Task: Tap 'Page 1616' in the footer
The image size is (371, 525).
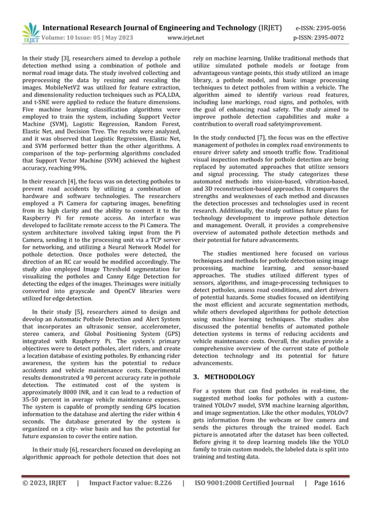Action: pyautogui.click(x=329, y=482)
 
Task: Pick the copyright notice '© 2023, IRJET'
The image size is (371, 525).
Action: pyautogui.click(x=44, y=482)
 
